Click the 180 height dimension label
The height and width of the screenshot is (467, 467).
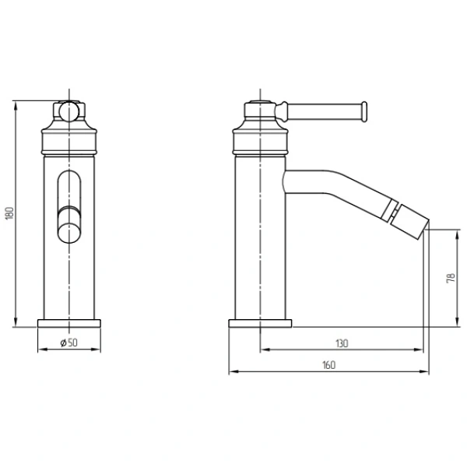pos(10,213)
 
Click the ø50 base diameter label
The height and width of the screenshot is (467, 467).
pos(68,342)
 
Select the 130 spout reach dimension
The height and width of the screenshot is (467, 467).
pos(342,343)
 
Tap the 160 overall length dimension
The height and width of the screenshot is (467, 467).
pos(328,365)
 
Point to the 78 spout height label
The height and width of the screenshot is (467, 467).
pos(451,278)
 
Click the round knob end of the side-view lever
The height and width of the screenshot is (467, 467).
pos(364,111)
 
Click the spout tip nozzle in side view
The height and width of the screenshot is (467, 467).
pos(409,221)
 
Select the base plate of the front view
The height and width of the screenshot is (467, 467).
pos(69,324)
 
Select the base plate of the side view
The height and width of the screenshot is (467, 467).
pos(260,324)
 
